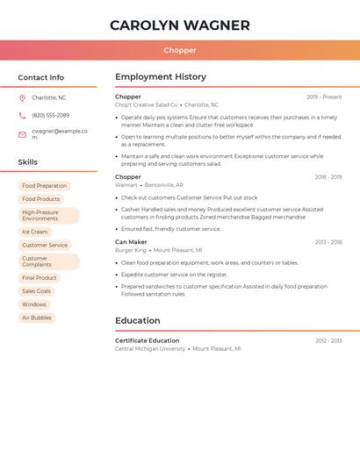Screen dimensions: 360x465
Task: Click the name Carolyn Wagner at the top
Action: coord(179,25)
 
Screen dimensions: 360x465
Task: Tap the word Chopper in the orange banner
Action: coord(179,50)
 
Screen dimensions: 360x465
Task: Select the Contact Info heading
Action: coord(40,77)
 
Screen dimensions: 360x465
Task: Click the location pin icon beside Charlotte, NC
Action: coord(22,97)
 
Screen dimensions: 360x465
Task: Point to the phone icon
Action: coord(22,115)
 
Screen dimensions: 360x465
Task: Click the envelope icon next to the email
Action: coord(22,134)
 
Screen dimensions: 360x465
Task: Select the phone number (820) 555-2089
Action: coord(50,115)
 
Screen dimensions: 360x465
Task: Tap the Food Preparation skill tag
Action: coord(44,186)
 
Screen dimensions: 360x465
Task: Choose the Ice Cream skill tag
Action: coord(35,232)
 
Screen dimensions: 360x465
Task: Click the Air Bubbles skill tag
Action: coord(37,318)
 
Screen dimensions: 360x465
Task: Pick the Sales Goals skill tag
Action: coord(37,290)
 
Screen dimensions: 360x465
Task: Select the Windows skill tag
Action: coord(34,304)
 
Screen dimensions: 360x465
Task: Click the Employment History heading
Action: coord(161,77)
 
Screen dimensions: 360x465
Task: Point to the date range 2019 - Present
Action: coord(324,97)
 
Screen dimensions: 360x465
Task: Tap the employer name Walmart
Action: coord(126,185)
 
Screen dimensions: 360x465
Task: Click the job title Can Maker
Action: coord(131,241)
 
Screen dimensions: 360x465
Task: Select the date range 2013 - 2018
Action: coord(328,242)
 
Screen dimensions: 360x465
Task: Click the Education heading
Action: coord(137,321)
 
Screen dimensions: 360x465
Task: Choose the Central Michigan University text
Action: coord(150,348)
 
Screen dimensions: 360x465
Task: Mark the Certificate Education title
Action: coord(147,340)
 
